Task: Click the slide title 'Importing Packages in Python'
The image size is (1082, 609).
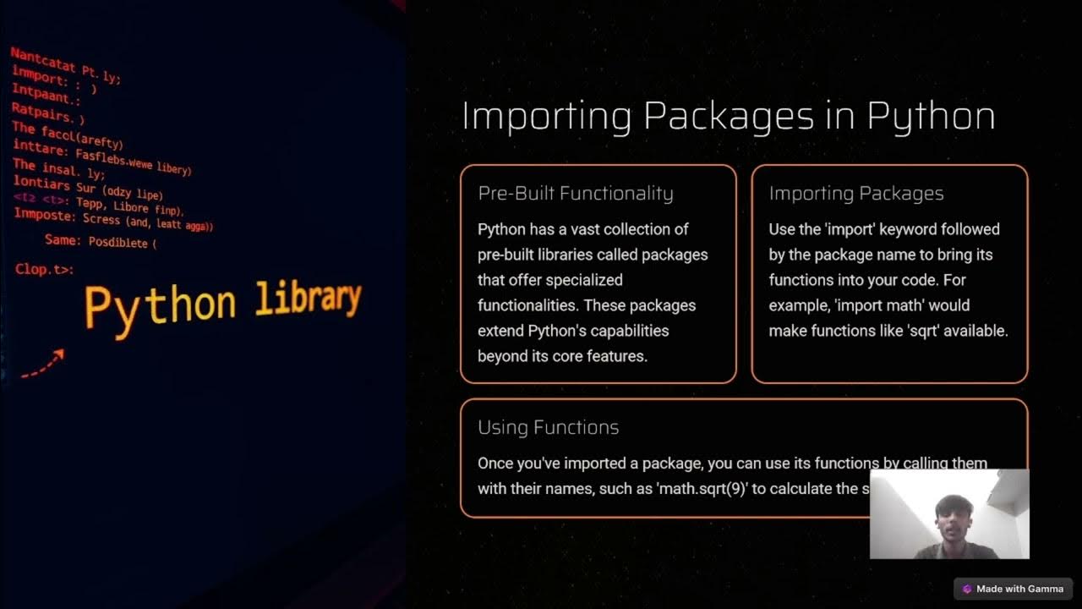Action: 728,117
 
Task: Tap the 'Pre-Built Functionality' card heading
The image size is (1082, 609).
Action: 575,194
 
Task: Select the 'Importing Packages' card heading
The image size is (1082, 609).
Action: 855,194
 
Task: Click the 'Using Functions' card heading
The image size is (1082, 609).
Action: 548,427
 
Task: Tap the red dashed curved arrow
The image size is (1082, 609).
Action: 42,365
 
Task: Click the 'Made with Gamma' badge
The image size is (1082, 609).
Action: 1013,589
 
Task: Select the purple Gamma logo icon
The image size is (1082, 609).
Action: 967,589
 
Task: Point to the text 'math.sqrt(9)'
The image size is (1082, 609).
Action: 702,488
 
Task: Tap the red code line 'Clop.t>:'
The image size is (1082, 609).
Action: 44,270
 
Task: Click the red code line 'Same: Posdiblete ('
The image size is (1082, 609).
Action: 101,242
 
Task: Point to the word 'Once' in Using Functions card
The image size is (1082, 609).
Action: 495,463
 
